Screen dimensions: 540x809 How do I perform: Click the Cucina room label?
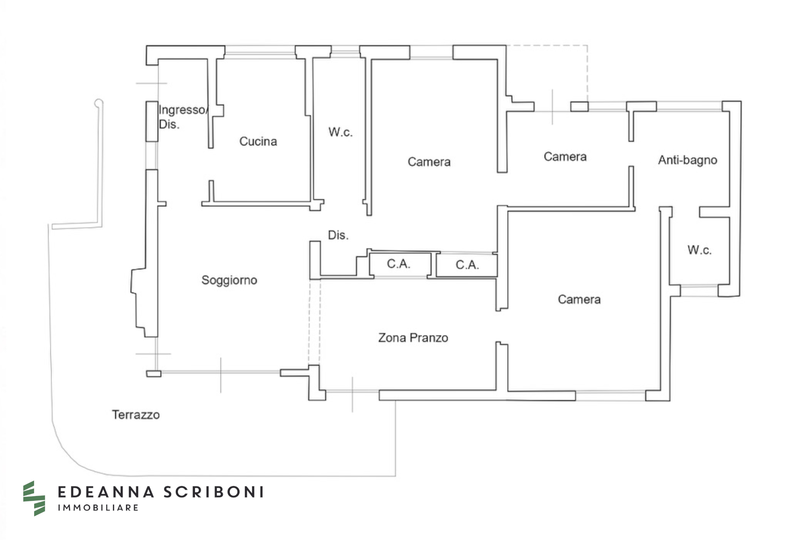[x=258, y=142]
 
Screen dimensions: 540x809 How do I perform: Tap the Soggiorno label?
[x=229, y=280]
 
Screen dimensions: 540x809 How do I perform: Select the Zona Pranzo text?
[x=413, y=338]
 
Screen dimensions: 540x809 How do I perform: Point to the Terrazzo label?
[x=136, y=415]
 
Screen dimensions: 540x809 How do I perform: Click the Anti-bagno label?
[x=687, y=160]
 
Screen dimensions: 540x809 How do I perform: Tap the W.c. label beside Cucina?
[x=340, y=132]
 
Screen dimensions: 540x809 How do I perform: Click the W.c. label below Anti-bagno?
[x=699, y=250]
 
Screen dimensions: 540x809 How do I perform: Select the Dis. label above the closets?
[x=338, y=235]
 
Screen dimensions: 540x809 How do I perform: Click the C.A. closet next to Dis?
[x=399, y=264]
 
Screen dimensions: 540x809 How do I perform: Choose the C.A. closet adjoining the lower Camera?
[x=467, y=265]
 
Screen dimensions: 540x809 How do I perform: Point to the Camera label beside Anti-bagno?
[x=565, y=157]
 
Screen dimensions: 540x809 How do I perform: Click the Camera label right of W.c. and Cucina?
[x=429, y=162]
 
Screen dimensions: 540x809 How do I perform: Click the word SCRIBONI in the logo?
[x=213, y=492]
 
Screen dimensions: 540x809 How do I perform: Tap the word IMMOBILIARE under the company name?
[x=98, y=508]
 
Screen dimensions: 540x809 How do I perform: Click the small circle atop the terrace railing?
[x=98, y=103]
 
